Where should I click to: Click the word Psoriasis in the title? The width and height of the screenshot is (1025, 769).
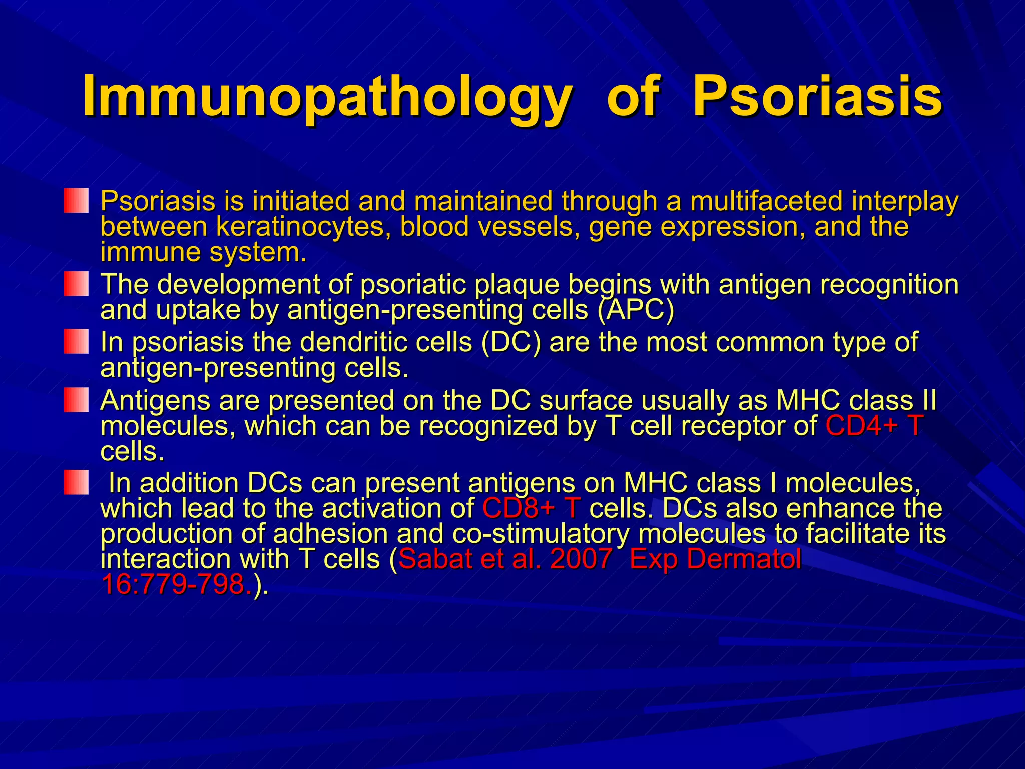[x=817, y=96]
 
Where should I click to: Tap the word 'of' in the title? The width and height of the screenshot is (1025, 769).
[x=632, y=96]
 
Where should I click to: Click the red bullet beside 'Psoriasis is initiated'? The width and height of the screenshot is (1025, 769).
[x=76, y=201]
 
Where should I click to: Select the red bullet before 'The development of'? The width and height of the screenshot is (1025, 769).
[x=76, y=284]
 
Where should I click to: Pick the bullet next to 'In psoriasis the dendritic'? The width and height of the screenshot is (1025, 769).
[x=76, y=342]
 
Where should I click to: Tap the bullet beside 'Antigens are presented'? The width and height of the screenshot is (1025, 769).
[x=76, y=400]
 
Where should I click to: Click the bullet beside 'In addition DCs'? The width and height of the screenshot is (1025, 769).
[x=76, y=482]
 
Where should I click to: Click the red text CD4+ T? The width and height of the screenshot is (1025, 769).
[x=873, y=426]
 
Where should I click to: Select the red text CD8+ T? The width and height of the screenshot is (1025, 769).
[x=531, y=508]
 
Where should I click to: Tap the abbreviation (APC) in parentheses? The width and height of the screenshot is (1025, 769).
[x=636, y=310]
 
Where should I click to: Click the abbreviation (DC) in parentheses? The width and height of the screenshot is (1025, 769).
[x=510, y=342]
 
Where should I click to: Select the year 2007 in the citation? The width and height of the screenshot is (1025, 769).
[x=581, y=559]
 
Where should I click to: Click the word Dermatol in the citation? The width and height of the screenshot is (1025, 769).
[x=743, y=559]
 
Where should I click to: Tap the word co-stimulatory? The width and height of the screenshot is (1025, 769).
[x=541, y=534]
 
